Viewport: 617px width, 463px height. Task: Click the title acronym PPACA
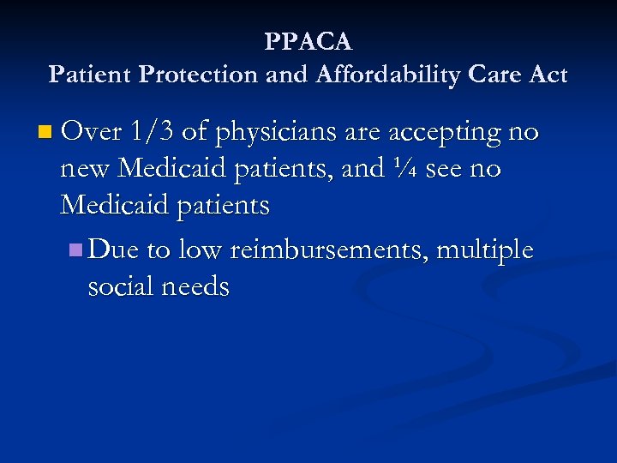pos(308,41)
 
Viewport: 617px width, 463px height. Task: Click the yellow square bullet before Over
pos(45,133)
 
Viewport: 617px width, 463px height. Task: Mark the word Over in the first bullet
pos(92,132)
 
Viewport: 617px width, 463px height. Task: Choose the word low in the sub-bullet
pos(201,250)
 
